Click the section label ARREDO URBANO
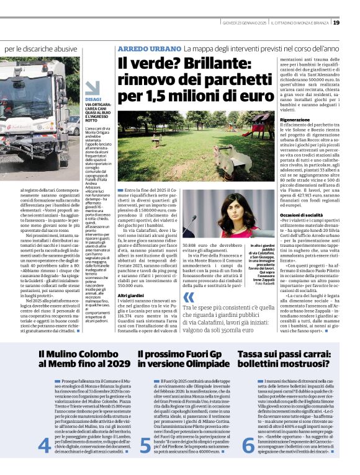[148, 48]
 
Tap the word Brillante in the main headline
[212, 64]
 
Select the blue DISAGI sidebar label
[94, 99]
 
